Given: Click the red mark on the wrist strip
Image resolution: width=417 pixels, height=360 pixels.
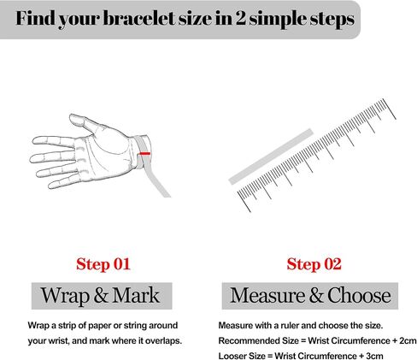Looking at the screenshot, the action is click(144, 153).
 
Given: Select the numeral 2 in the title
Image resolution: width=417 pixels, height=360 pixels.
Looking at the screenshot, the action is click(240, 19).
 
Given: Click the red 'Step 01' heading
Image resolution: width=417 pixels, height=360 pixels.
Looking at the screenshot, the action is click(103, 264).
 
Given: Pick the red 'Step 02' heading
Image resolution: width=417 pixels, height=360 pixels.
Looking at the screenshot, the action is click(314, 264).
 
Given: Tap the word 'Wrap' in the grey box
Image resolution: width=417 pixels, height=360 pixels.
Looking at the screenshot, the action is click(65, 296).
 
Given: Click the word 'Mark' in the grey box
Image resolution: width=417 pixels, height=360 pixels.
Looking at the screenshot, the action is click(136, 295).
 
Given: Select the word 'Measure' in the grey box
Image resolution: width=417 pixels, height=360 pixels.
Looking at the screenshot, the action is click(267, 296).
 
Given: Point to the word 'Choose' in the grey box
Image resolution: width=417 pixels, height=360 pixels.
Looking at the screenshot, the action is click(359, 295).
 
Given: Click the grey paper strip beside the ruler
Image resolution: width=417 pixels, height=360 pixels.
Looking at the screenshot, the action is click(271, 156).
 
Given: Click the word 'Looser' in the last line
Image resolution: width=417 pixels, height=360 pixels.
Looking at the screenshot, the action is click(232, 356).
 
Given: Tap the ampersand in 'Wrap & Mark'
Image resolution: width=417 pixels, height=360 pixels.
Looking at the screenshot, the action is click(101, 295).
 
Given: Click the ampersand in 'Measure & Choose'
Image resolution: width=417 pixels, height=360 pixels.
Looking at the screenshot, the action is click(316, 295).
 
